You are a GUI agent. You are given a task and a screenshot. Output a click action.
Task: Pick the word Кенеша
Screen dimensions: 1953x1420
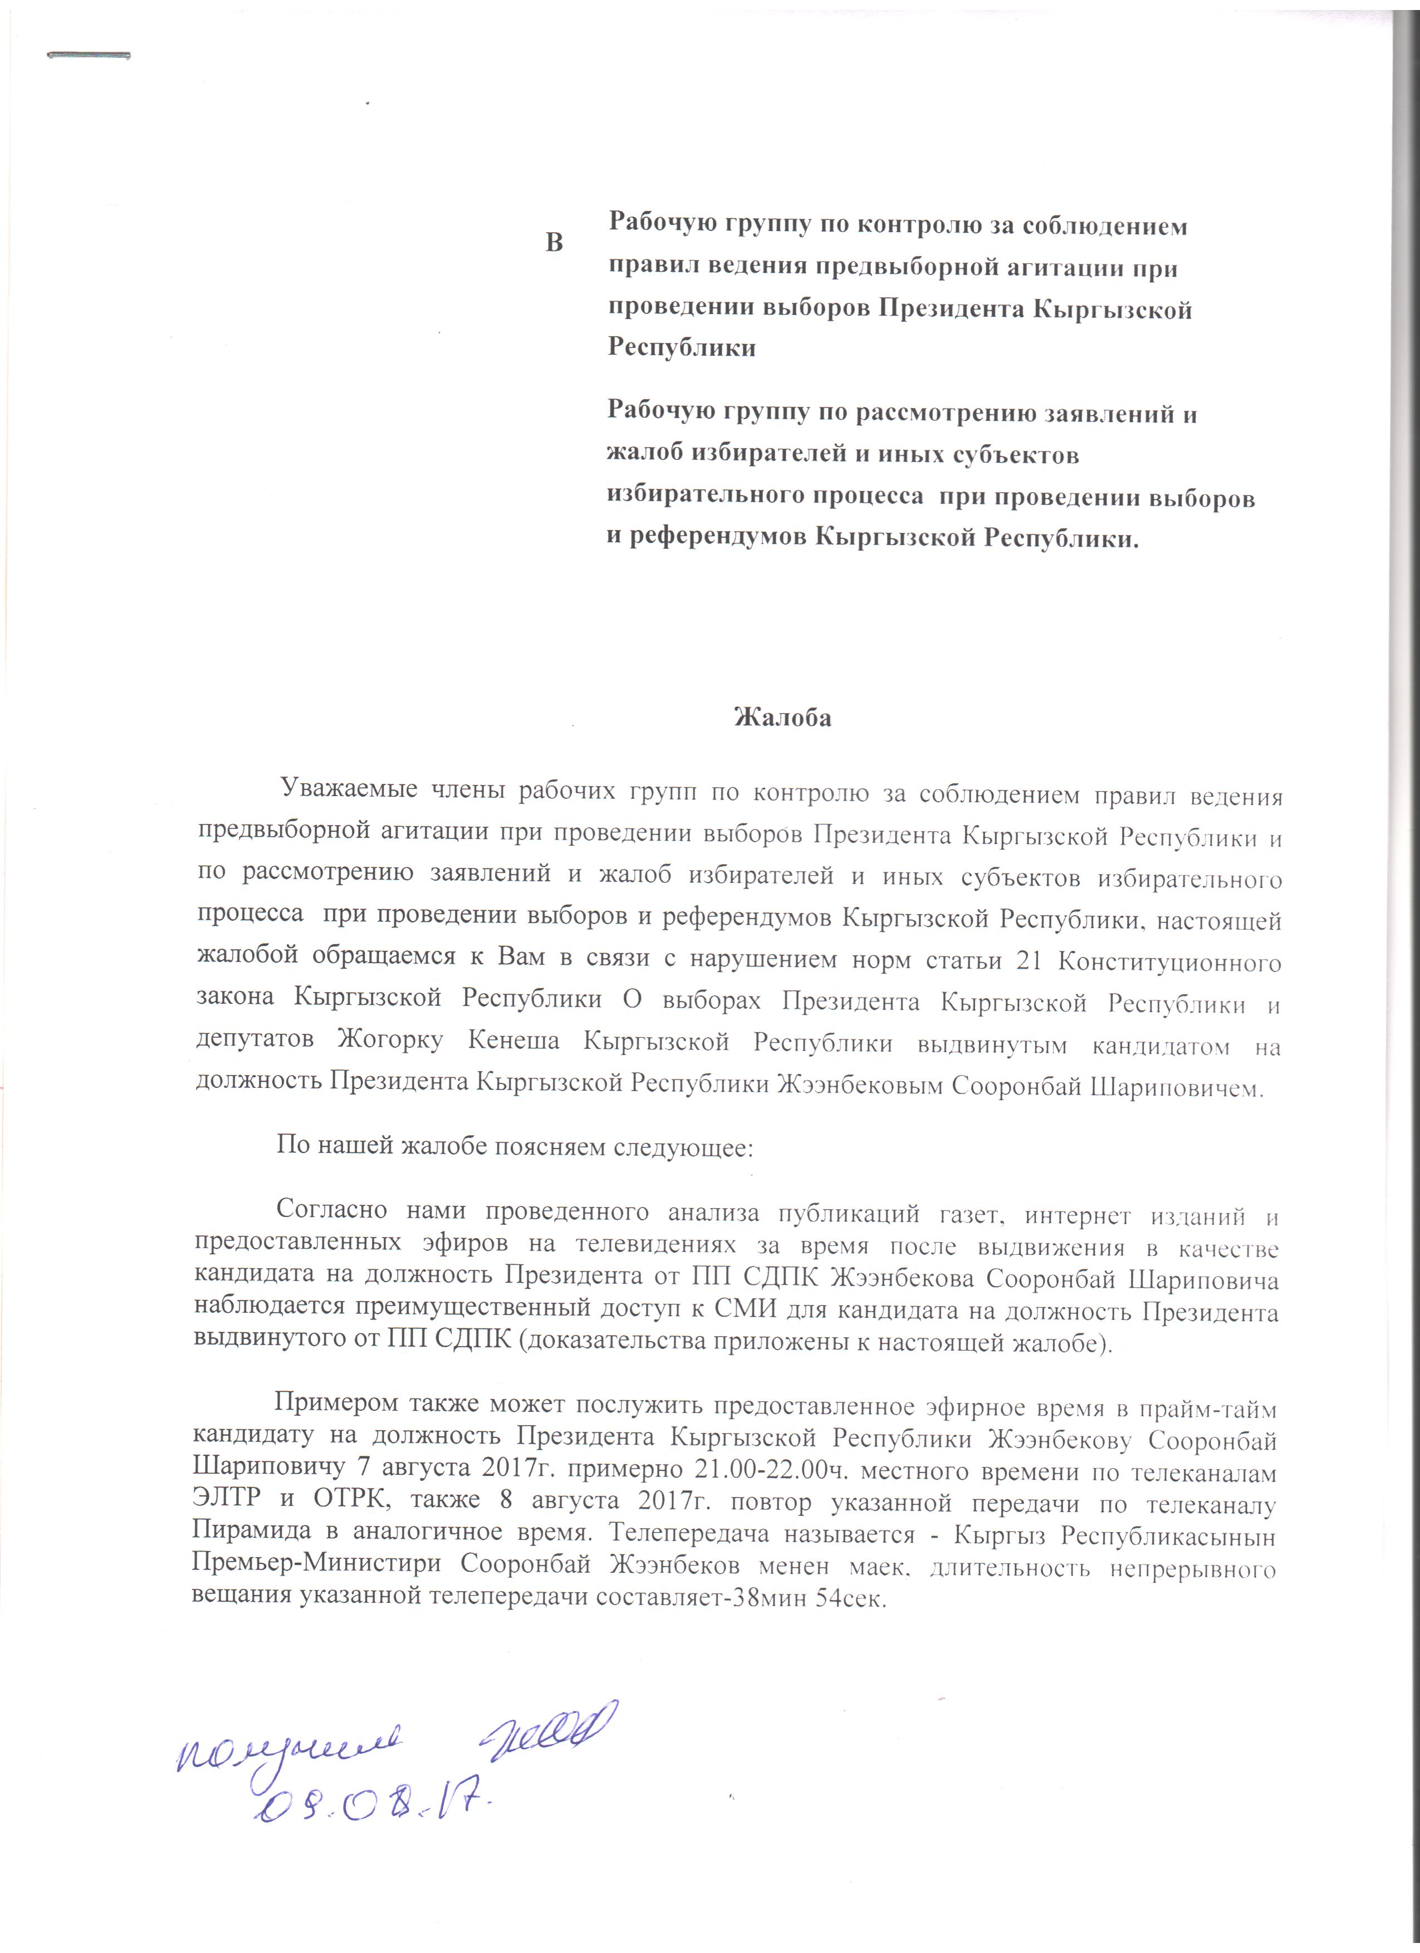(513, 1041)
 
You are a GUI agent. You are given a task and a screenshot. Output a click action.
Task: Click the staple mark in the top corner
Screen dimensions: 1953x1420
(89, 56)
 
